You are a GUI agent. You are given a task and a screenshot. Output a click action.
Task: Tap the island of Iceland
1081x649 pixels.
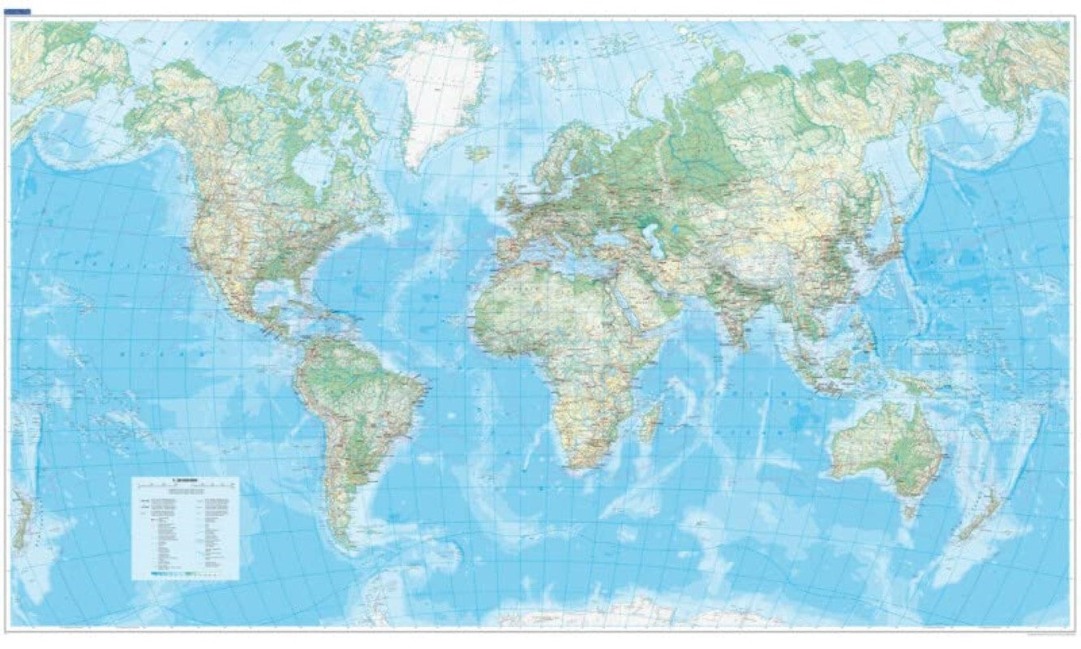[x=479, y=153]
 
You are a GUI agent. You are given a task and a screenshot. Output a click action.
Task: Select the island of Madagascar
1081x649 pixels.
[x=650, y=423]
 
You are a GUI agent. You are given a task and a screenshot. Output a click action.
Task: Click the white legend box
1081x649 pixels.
[x=186, y=527]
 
